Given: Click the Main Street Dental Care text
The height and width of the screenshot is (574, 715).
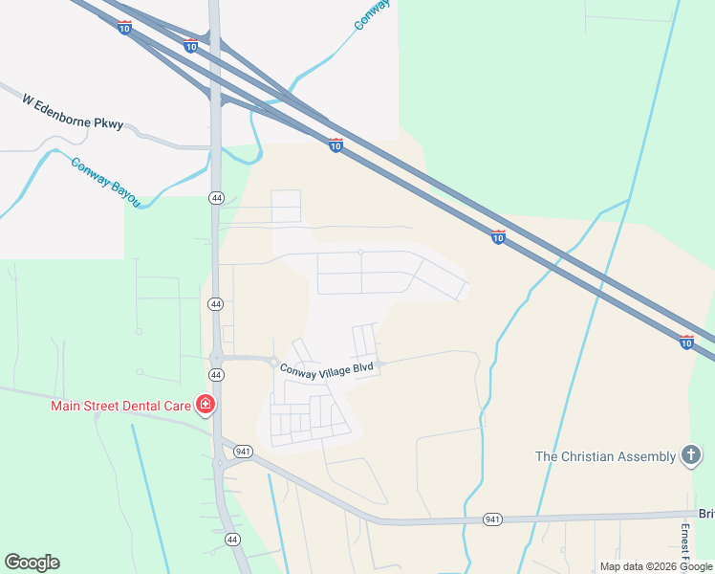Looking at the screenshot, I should click(x=121, y=406).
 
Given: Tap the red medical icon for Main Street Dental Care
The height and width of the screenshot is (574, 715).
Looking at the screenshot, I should click(x=205, y=406).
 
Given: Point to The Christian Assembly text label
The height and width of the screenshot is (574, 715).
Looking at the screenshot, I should click(x=605, y=456).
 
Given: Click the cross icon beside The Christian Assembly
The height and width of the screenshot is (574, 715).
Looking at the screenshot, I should click(x=690, y=456).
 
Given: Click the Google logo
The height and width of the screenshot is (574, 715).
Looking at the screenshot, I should click(x=32, y=563).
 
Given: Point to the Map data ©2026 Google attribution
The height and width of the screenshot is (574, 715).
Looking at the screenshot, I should click(x=656, y=566).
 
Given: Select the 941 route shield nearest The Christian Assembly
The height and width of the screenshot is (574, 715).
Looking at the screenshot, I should click(x=493, y=519).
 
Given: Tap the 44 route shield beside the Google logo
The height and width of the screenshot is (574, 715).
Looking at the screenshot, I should click(x=232, y=540).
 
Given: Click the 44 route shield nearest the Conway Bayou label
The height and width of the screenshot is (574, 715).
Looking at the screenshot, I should click(x=217, y=198).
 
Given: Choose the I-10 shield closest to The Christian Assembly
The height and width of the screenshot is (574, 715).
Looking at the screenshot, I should click(x=686, y=342).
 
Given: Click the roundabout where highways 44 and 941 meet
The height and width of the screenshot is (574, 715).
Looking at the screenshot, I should click(x=221, y=463).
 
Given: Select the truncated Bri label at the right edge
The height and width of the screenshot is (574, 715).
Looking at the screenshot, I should click(x=706, y=514).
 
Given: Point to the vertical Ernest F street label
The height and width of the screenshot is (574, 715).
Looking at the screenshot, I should click(x=684, y=541).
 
